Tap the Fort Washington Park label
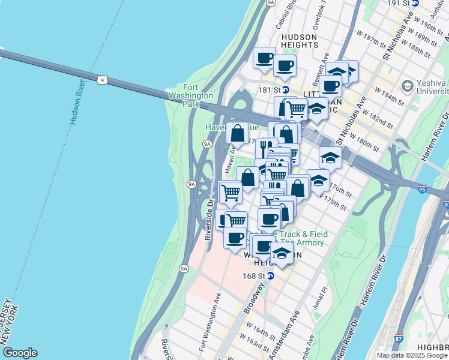pyautogui.click(x=190, y=95)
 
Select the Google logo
pyautogui.click(x=20, y=353)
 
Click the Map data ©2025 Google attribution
pyautogui.click(x=411, y=355)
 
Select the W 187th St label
pyautogui.click(x=370, y=38)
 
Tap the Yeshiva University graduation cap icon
pyautogui.click(x=408, y=86)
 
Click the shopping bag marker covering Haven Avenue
pyautogui.click(x=238, y=133)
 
